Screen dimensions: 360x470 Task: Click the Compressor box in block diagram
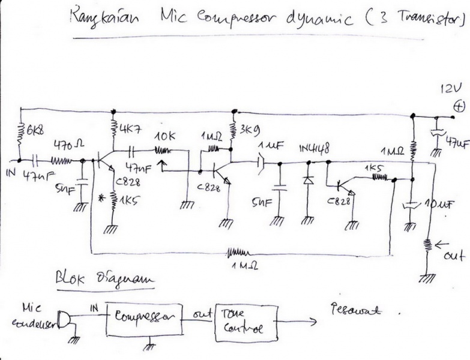pyautogui.click(x=144, y=317)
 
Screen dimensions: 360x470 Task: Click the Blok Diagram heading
pyautogui.click(x=103, y=280)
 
